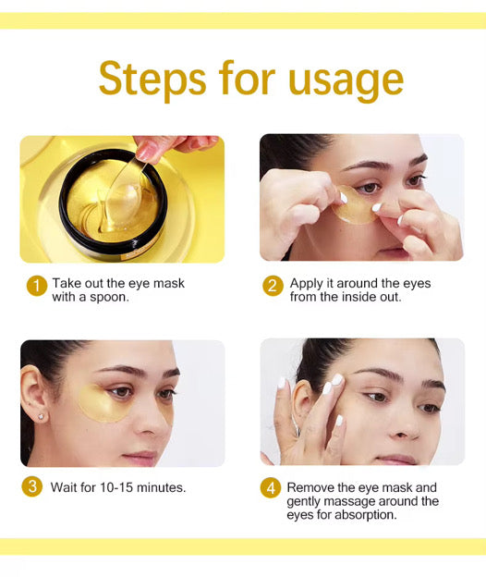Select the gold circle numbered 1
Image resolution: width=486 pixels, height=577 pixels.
point(37,286)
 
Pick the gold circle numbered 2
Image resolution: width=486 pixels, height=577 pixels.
point(273,286)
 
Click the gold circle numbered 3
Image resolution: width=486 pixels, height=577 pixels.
point(32,486)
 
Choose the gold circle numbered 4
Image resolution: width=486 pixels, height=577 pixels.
point(271,488)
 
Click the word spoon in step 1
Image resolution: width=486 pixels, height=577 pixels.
point(110,298)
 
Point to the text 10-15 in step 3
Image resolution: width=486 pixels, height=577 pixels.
point(116,487)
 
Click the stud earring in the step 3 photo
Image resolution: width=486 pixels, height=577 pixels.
point(41,417)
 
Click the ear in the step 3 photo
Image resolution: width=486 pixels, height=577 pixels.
point(33,393)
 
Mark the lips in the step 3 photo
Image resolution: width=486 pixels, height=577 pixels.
point(141,457)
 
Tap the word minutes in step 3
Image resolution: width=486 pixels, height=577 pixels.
point(162,487)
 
